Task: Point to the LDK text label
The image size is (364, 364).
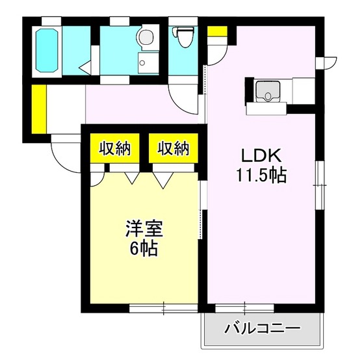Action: pyautogui.click(x=261, y=157)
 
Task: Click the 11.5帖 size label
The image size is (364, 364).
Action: pyautogui.click(x=261, y=175)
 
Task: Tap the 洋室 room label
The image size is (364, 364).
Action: pyautogui.click(x=144, y=229)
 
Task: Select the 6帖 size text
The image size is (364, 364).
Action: pyautogui.click(x=144, y=248)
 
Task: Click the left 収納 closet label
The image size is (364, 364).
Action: pyautogui.click(x=115, y=149)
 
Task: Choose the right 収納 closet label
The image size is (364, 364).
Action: pyautogui.click(x=173, y=149)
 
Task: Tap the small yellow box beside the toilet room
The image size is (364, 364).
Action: pyautogui.click(x=217, y=31)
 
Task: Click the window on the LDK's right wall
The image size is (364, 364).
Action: pyautogui.click(x=319, y=185)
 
